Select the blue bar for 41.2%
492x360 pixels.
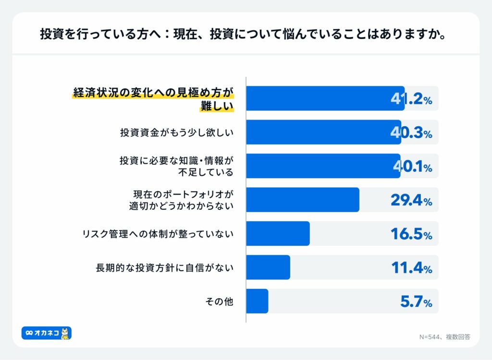point(325,98)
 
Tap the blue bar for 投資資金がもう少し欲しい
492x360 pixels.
point(323,132)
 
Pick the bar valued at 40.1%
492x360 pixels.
point(323,166)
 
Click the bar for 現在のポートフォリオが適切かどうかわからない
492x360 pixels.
point(303,200)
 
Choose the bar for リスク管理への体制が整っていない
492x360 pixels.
point(278,233)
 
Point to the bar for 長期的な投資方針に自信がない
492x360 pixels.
point(268,267)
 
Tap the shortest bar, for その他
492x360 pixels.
point(257,301)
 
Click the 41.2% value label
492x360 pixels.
point(411,99)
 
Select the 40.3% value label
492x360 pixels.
point(411,133)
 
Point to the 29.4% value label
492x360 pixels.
point(411,200)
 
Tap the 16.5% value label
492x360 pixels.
point(411,234)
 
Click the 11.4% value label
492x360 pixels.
point(411,268)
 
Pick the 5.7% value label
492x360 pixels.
point(416,301)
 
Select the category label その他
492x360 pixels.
point(219,301)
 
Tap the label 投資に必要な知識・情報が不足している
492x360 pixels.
point(176,166)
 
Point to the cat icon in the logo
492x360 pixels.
point(66,333)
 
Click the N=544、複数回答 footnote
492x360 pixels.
point(444,337)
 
